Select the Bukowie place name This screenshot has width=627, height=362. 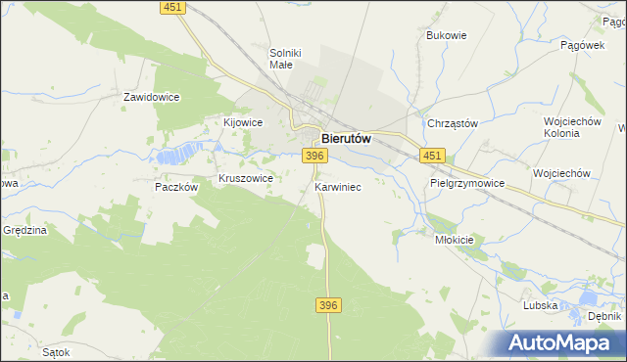click(x=446, y=35)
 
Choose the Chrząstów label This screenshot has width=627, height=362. click(x=452, y=123)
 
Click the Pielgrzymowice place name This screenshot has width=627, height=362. click(x=466, y=183)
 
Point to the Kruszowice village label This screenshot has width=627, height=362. click(x=245, y=179)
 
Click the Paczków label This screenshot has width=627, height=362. click(x=177, y=186)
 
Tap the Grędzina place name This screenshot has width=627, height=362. click(x=24, y=230)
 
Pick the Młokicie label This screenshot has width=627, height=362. click(x=454, y=240)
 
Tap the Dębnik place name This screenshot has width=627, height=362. click(x=604, y=317)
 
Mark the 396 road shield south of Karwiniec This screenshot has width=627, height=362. click(x=328, y=306)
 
